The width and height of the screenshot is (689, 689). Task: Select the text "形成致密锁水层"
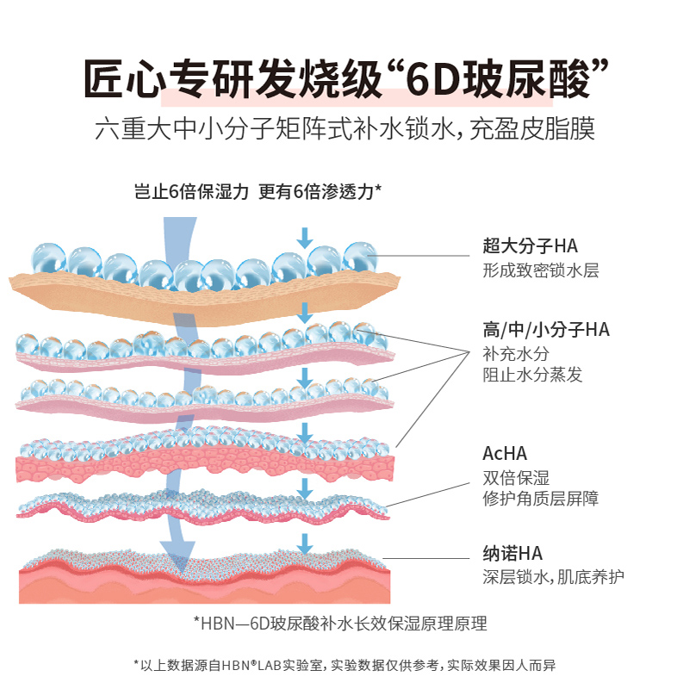point(540,270)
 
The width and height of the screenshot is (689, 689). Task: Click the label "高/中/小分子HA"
point(546,329)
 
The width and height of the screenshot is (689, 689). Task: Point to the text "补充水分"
point(516,353)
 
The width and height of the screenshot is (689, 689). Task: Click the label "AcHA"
point(505,454)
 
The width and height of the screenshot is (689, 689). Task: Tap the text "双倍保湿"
point(516,478)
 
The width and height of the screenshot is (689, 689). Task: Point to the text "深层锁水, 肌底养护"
point(553,577)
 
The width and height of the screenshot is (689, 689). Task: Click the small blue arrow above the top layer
point(304,237)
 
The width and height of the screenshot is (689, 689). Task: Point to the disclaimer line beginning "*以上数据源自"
point(344,665)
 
